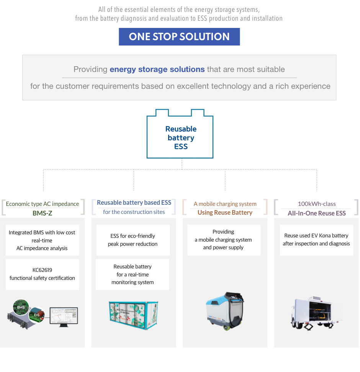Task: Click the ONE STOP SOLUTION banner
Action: (179, 37)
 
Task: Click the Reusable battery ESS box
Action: (180, 137)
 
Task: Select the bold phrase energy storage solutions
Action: (157, 69)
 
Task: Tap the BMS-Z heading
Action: (42, 213)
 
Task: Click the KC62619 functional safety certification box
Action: (42, 274)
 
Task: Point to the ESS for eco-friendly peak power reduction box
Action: (133, 240)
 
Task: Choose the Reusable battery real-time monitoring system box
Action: (133, 274)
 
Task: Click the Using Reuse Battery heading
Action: (225, 212)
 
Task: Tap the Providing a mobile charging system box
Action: (224, 240)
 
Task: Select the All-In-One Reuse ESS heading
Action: (317, 213)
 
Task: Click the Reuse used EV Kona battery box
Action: (316, 240)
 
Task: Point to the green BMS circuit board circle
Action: (21, 307)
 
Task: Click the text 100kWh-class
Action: (317, 204)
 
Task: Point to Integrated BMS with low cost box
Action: (42, 240)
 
